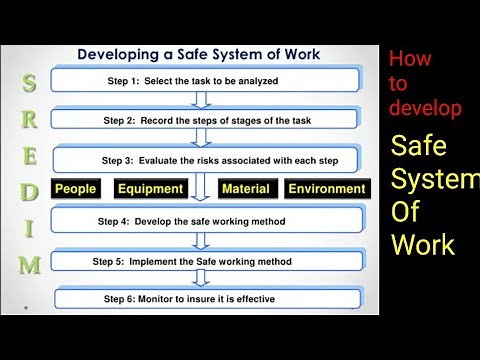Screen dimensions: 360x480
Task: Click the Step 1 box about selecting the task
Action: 205,80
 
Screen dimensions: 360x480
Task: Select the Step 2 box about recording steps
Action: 205,119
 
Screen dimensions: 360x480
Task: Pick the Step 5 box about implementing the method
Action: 205,261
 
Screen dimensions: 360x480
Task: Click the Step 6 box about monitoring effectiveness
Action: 205,298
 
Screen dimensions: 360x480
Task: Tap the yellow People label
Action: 76,188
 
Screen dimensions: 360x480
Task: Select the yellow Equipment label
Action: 150,188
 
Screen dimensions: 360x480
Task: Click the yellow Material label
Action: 246,188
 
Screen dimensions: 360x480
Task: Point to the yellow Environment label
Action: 327,188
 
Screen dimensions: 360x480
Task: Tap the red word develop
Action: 425,108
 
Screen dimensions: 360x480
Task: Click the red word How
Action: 410,59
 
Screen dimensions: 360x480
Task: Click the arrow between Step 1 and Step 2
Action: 204,99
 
